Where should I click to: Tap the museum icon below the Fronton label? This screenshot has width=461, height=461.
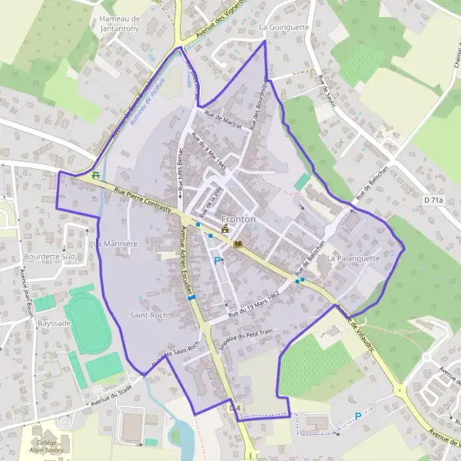224,230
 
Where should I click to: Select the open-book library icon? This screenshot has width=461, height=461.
237,244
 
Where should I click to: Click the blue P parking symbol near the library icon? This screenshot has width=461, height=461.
217,261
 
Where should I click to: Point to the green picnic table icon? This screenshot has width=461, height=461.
95,175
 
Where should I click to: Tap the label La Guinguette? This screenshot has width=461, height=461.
284,27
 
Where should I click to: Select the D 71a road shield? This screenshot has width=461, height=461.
433,201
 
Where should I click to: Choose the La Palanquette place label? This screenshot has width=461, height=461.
353,259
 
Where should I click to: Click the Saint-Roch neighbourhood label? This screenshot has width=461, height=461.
149,316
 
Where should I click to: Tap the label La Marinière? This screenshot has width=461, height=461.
115,243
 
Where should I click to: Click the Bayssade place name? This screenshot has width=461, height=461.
53,323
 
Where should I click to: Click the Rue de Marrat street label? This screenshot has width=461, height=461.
224,119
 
